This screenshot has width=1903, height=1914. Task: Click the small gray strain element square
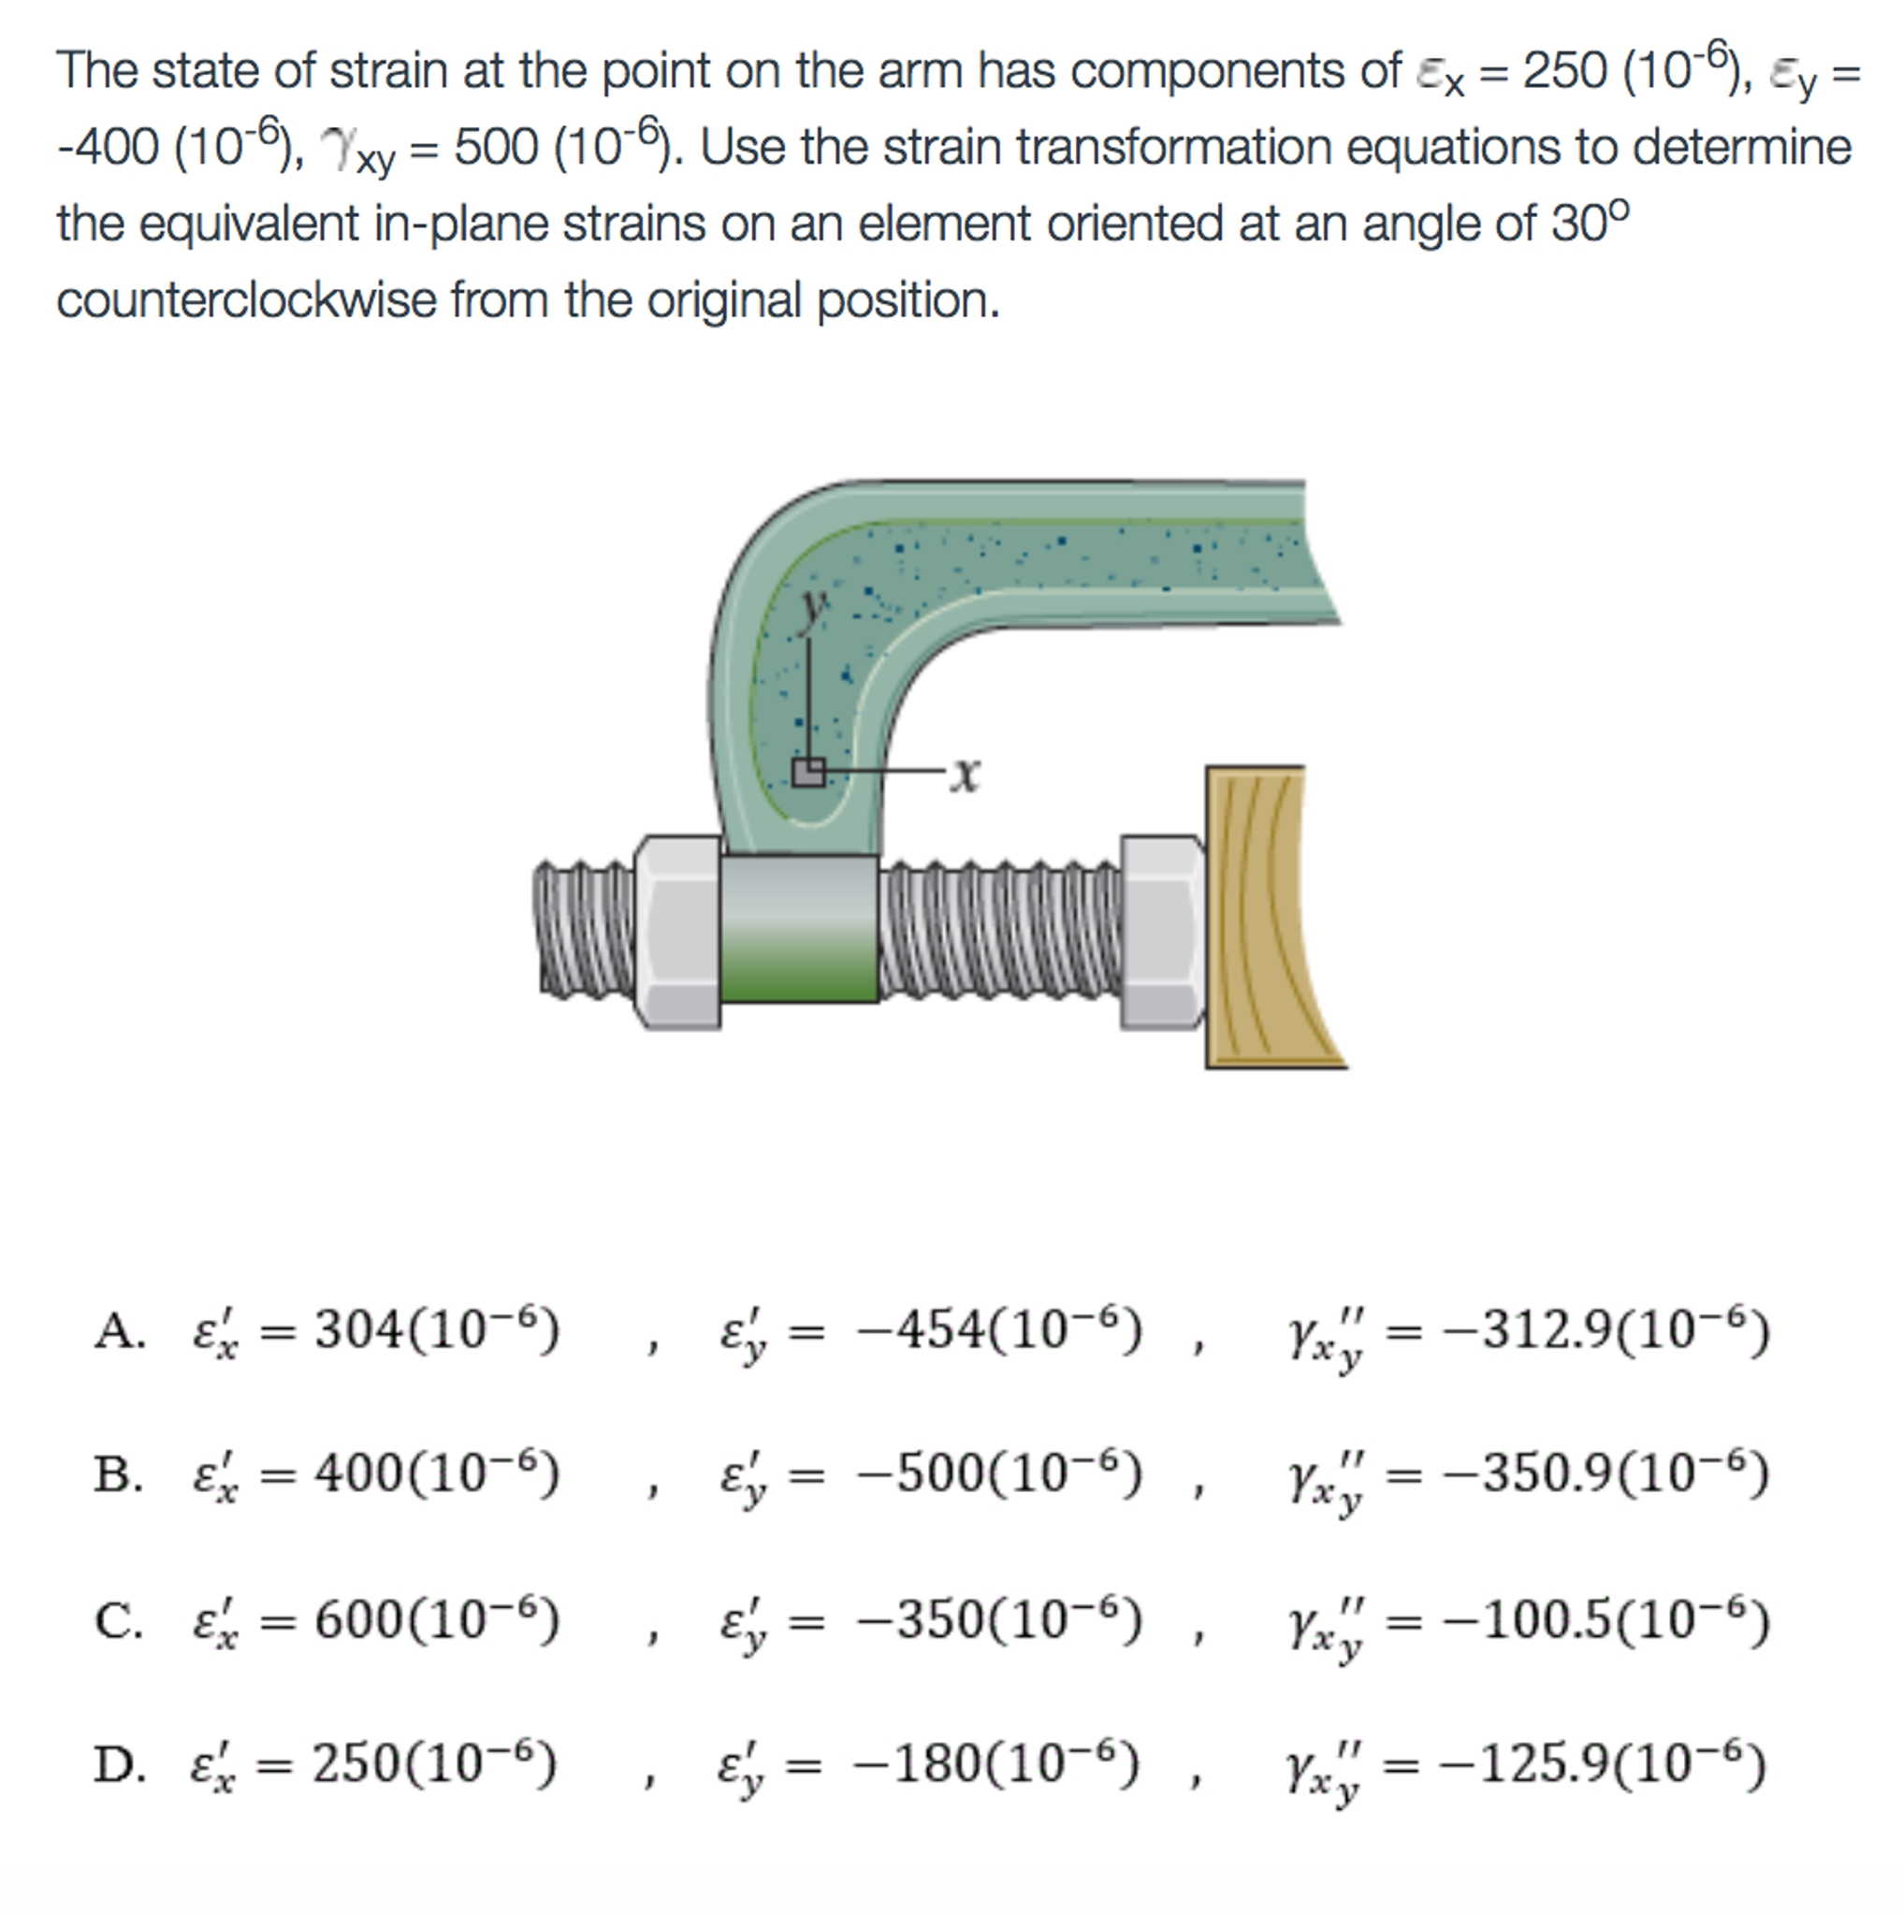pos(808,772)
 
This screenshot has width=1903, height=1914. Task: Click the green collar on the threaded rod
pos(798,928)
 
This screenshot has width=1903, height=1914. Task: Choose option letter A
pos(118,1330)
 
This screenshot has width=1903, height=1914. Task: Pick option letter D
pos(118,1764)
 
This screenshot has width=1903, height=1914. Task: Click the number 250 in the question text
pos(1564,70)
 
